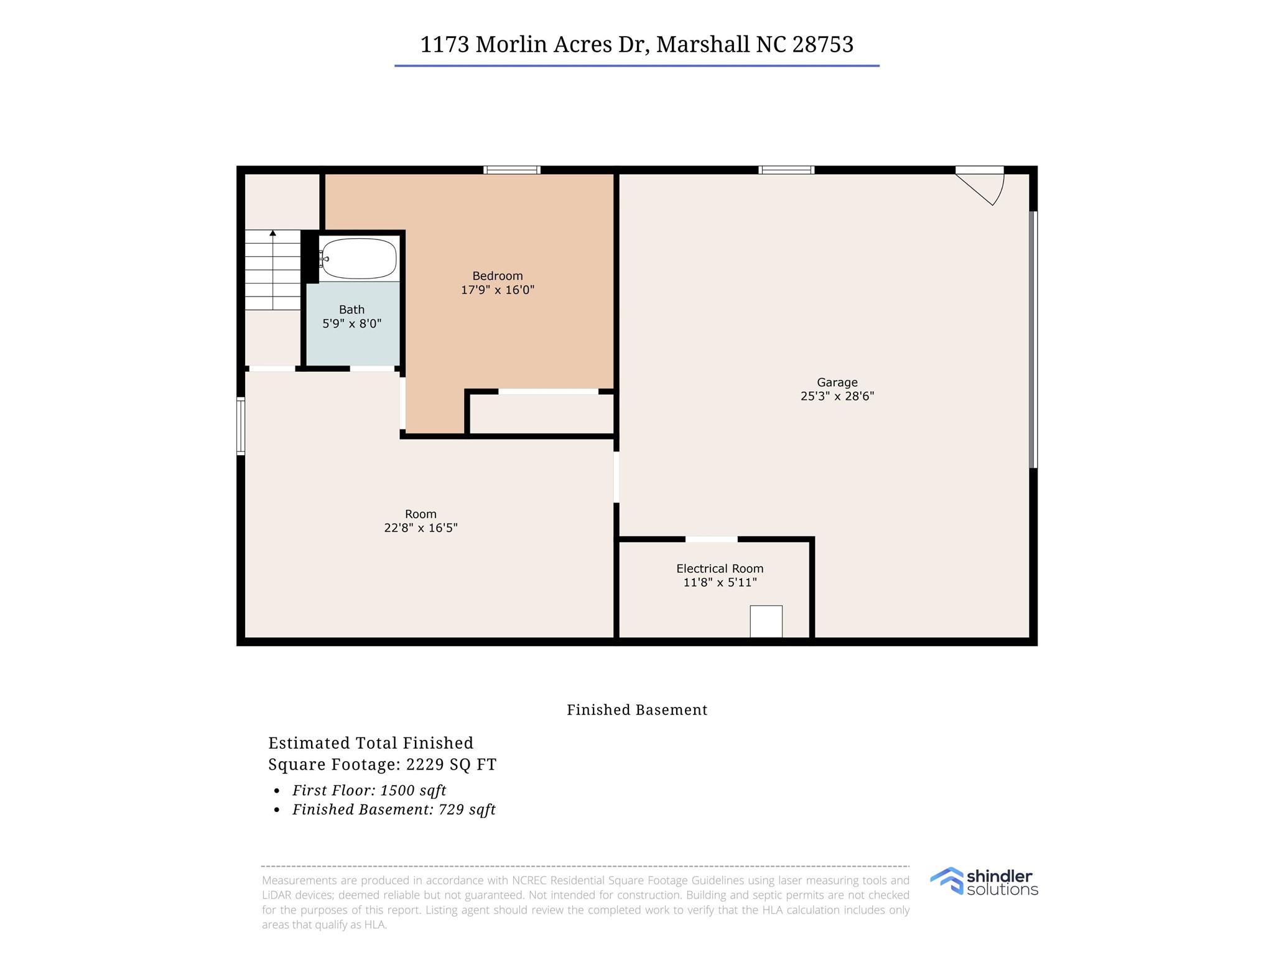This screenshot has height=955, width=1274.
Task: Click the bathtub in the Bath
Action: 359,259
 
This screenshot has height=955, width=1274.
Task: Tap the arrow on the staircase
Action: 272,234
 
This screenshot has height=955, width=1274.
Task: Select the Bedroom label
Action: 497,276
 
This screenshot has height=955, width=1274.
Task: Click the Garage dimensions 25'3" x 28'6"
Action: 837,396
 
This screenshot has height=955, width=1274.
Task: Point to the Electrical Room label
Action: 720,568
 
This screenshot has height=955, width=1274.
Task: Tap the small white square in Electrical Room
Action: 766,621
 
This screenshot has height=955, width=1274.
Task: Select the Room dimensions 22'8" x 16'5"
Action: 421,528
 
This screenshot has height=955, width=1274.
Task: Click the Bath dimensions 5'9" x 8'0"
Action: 351,323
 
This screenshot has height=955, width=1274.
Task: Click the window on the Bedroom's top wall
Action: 512,170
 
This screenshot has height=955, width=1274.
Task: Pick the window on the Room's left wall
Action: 241,426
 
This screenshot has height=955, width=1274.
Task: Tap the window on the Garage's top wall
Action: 786,170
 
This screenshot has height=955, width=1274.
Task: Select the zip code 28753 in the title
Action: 822,45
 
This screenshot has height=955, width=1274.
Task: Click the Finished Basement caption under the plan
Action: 637,710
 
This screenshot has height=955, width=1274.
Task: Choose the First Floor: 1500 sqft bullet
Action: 369,790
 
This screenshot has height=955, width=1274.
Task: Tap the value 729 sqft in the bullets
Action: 467,810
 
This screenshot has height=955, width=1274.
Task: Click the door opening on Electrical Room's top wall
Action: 711,539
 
